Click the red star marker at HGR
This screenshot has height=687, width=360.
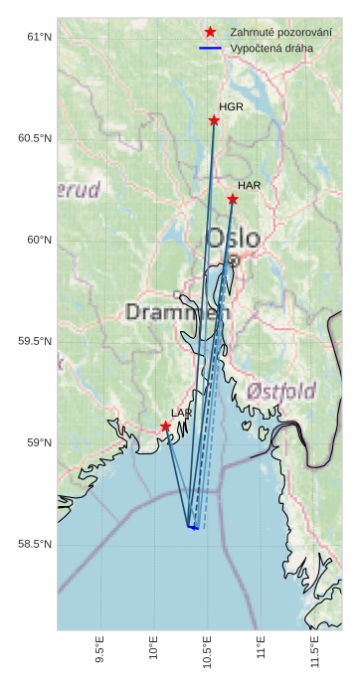(214, 120)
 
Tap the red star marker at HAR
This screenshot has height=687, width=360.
(232, 199)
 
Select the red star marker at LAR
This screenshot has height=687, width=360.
(165, 427)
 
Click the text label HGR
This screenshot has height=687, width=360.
(231, 106)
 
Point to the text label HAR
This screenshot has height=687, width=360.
(249, 186)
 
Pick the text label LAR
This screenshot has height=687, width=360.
(181, 413)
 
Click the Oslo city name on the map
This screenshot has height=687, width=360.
(234, 239)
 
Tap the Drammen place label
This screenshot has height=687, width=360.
(177, 312)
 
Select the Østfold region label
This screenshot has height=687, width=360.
(281, 389)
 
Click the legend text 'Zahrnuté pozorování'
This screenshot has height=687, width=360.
(280, 33)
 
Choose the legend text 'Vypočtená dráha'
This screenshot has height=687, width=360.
(270, 48)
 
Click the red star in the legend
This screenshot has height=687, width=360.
(210, 32)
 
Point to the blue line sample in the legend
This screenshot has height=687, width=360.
(210, 48)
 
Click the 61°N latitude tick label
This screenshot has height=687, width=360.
(37, 37)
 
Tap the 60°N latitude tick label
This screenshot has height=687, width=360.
(37, 240)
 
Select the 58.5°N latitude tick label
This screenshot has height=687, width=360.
(34, 544)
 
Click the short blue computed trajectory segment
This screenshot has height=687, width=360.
(193, 527)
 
